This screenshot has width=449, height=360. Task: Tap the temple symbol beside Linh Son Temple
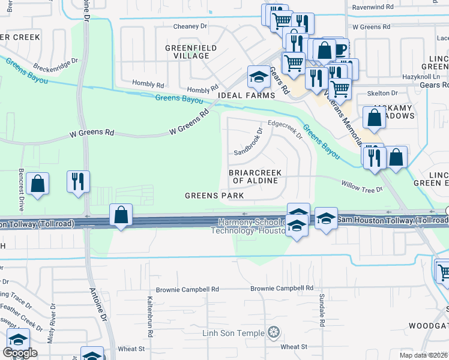pyautogui.click(x=274, y=332)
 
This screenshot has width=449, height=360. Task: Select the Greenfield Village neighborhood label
pyautogui.click(x=187, y=51)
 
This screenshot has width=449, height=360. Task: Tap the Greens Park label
pyautogui.click(x=214, y=196)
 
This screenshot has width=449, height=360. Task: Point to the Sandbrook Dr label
pyautogui.click(x=249, y=142)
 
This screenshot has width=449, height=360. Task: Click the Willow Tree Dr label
pyautogui.click(x=361, y=187)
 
